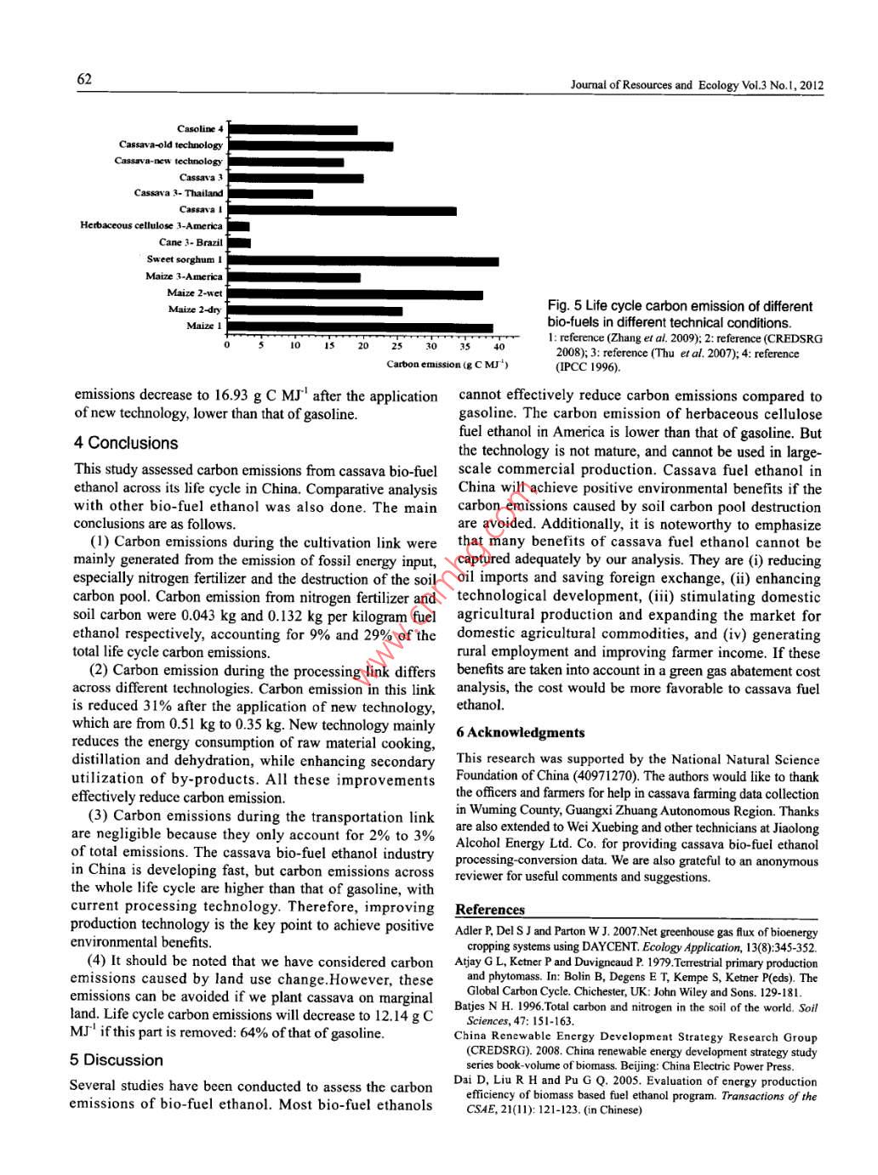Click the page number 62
tap(84, 79)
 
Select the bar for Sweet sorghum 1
tap(363, 261)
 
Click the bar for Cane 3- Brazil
tap(239, 244)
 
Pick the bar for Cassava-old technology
tap(311, 146)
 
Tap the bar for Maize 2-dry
tap(315, 310)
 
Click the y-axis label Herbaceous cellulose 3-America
tap(151, 226)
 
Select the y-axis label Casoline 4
tap(200, 129)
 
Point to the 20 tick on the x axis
tap(363, 347)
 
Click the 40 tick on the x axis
tap(499, 347)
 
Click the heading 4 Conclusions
tap(125, 443)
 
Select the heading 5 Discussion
tap(117, 1060)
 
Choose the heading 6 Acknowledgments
tap(521, 733)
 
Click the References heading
tap(490, 909)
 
